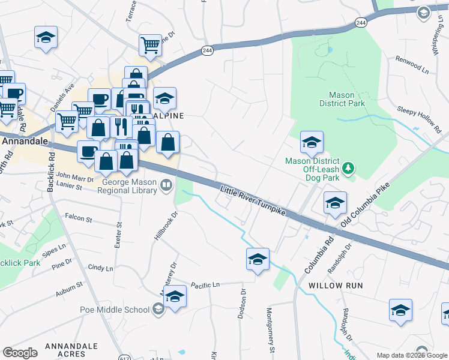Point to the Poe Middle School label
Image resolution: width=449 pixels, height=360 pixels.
(x=115, y=310)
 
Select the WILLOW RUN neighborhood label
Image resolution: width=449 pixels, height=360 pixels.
(x=336, y=286)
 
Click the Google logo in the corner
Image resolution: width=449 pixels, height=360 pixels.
(x=20, y=353)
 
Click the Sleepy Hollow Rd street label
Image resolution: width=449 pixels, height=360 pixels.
(x=418, y=116)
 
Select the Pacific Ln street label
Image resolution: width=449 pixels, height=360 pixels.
(x=205, y=284)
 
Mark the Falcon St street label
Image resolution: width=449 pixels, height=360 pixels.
(x=78, y=218)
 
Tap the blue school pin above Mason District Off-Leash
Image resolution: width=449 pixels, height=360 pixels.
(x=312, y=143)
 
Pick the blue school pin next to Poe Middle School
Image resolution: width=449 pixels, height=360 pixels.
(x=175, y=298)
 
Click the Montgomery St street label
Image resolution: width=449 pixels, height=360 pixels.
(x=270, y=330)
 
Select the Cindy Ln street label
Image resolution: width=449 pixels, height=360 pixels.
(x=100, y=268)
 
